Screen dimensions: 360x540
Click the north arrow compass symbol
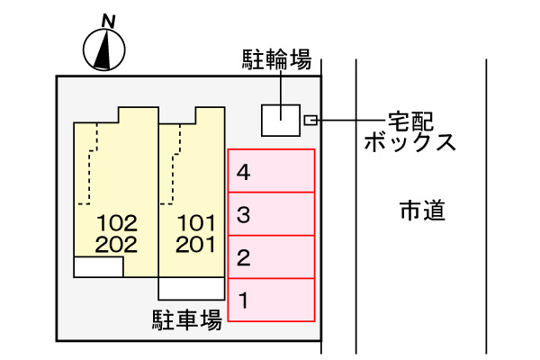pyautogui.click(x=104, y=49)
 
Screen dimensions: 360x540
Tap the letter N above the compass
pyautogui.click(x=108, y=19)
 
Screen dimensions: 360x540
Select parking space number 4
pyautogui.click(x=271, y=171)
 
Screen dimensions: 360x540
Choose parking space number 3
pyautogui.click(x=271, y=214)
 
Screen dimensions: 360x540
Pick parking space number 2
pyautogui.click(x=271, y=257)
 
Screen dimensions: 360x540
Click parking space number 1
pyautogui.click(x=271, y=300)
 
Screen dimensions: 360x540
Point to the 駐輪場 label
pyautogui.click(x=277, y=60)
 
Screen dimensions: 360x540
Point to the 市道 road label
pyautogui.click(x=422, y=211)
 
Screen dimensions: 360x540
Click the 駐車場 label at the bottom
pyautogui.click(x=186, y=319)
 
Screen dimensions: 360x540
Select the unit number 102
pyautogui.click(x=117, y=222)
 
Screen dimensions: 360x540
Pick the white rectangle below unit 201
pyautogui.click(x=191, y=288)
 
